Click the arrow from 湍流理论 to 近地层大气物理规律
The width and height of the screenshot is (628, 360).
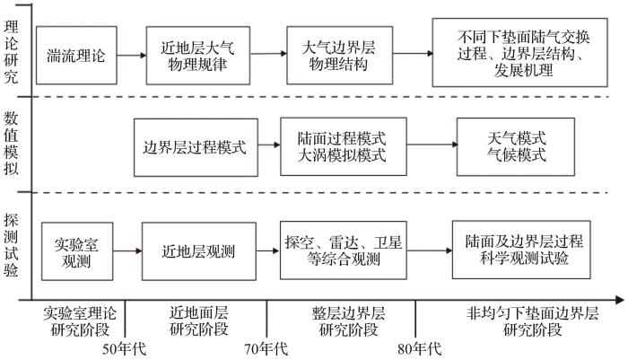point(132,56)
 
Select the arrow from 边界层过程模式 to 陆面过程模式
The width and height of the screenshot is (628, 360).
point(269,145)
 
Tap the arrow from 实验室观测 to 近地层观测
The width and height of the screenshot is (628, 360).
point(127,251)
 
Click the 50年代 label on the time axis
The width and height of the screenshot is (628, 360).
point(124,349)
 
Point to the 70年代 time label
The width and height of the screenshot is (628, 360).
point(266,349)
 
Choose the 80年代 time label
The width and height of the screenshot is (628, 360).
point(419,349)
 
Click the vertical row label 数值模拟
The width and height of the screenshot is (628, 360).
point(11,143)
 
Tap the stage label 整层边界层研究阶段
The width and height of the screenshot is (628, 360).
point(348,321)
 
